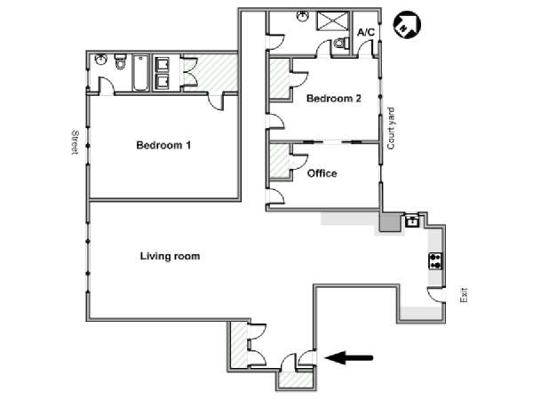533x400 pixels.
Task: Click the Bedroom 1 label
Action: pyautogui.click(x=163, y=145)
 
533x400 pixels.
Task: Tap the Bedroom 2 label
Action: pyautogui.click(x=333, y=99)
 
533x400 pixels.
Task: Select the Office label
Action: pyautogui.click(x=322, y=173)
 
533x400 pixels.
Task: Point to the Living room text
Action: pyautogui.click(x=170, y=256)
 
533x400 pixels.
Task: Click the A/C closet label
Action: pyautogui.click(x=366, y=32)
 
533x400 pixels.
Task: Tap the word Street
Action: pyautogui.click(x=76, y=142)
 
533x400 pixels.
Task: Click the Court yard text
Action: pyautogui.click(x=391, y=128)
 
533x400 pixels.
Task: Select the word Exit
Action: pyautogui.click(x=464, y=295)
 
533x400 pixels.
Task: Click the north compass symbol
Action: pyautogui.click(x=407, y=25)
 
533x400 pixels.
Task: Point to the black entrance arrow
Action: pyautogui.click(x=349, y=358)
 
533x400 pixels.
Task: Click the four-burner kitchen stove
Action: pyautogui.click(x=435, y=261)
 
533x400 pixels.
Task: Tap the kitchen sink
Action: pyautogui.click(x=412, y=221)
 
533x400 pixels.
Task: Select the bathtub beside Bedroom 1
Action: pyautogui.click(x=140, y=73)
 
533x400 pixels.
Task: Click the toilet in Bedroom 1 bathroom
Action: pyautogui.click(x=120, y=61)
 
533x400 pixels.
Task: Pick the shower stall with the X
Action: pyautogui.click(x=333, y=21)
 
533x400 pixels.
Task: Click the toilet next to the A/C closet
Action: pyautogui.click(x=341, y=43)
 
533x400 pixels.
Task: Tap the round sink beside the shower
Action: pyautogui.click(x=302, y=16)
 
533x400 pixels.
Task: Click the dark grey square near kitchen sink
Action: pyautogui.click(x=390, y=221)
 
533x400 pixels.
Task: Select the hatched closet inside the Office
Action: pyautogui.click(x=280, y=161)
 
